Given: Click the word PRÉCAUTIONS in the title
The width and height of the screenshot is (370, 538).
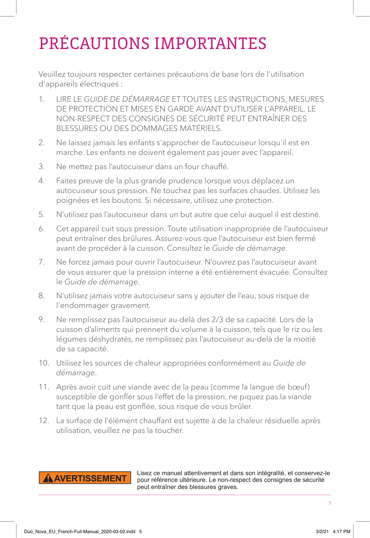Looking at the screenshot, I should click(x=94, y=44).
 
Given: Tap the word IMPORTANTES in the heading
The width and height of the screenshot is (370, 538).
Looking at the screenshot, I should click(x=210, y=44).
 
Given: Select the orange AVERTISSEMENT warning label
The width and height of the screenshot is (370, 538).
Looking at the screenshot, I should click(x=85, y=478).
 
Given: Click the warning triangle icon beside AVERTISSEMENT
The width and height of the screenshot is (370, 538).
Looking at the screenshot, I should click(x=48, y=479).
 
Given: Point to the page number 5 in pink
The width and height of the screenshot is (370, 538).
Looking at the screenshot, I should click(x=330, y=503).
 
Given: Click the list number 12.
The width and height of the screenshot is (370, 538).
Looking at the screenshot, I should click(x=44, y=421).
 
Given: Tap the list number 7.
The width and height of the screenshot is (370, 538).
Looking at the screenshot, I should click(x=42, y=262).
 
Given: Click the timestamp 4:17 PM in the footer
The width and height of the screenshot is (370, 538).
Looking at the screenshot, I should click(x=342, y=531).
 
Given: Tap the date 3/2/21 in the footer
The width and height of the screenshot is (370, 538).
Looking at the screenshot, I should click(x=322, y=531).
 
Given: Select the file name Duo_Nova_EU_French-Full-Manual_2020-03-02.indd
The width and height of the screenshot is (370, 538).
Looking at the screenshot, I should click(x=79, y=531).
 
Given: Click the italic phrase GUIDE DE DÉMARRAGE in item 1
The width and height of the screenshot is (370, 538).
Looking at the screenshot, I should click(x=127, y=99).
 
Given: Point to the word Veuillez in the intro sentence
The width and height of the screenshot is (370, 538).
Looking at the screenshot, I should click(x=52, y=74).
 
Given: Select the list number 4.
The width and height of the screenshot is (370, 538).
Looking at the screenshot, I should click(x=42, y=181).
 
